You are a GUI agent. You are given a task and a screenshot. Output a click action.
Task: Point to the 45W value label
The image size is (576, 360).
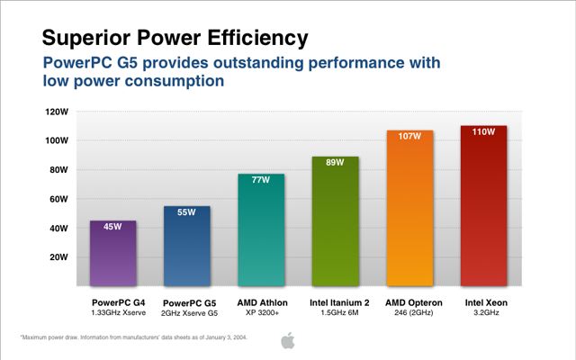(113, 226)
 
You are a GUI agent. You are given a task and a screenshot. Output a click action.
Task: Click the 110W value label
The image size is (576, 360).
(483, 131)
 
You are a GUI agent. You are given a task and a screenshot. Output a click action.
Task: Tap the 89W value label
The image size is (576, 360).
(336, 162)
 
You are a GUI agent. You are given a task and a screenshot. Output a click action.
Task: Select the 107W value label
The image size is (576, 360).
(409, 136)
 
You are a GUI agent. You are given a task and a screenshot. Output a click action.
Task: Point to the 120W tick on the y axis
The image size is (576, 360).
(56, 112)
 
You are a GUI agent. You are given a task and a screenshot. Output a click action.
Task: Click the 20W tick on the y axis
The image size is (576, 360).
(58, 256)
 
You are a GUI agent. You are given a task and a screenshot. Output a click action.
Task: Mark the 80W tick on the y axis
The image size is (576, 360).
(58, 169)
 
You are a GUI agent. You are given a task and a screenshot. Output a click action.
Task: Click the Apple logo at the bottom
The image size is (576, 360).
(288, 339)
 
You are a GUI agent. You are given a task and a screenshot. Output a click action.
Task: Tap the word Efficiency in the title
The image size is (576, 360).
(260, 37)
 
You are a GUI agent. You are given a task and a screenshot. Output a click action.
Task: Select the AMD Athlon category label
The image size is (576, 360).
(261, 301)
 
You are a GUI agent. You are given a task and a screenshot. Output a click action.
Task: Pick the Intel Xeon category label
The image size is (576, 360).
(483, 301)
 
